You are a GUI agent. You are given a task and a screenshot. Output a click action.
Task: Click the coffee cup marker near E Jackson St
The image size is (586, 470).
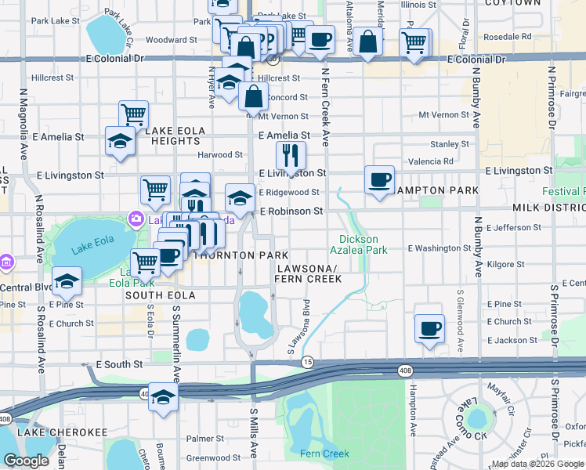tap(429, 329)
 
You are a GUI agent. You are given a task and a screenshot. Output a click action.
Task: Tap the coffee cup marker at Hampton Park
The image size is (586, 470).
tap(380, 180)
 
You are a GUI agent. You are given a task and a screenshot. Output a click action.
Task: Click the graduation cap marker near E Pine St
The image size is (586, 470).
tap(67, 284)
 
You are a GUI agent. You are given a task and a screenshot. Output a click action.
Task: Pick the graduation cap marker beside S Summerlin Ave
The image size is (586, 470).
tap(163, 399)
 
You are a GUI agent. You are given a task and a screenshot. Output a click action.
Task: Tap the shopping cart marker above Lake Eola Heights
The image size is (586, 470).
tap(134, 115)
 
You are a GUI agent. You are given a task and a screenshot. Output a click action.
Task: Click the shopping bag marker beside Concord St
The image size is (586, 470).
tap(254, 98)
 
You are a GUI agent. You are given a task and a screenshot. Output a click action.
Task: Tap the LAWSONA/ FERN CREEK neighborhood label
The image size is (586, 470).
tap(308, 273)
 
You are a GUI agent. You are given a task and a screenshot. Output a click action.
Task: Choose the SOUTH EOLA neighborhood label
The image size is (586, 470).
tap(157, 295)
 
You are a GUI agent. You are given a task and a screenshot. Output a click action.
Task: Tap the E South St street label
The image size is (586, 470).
tap(119, 365)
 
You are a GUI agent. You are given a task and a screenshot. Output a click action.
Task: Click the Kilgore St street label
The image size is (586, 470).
tap(505, 265)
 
